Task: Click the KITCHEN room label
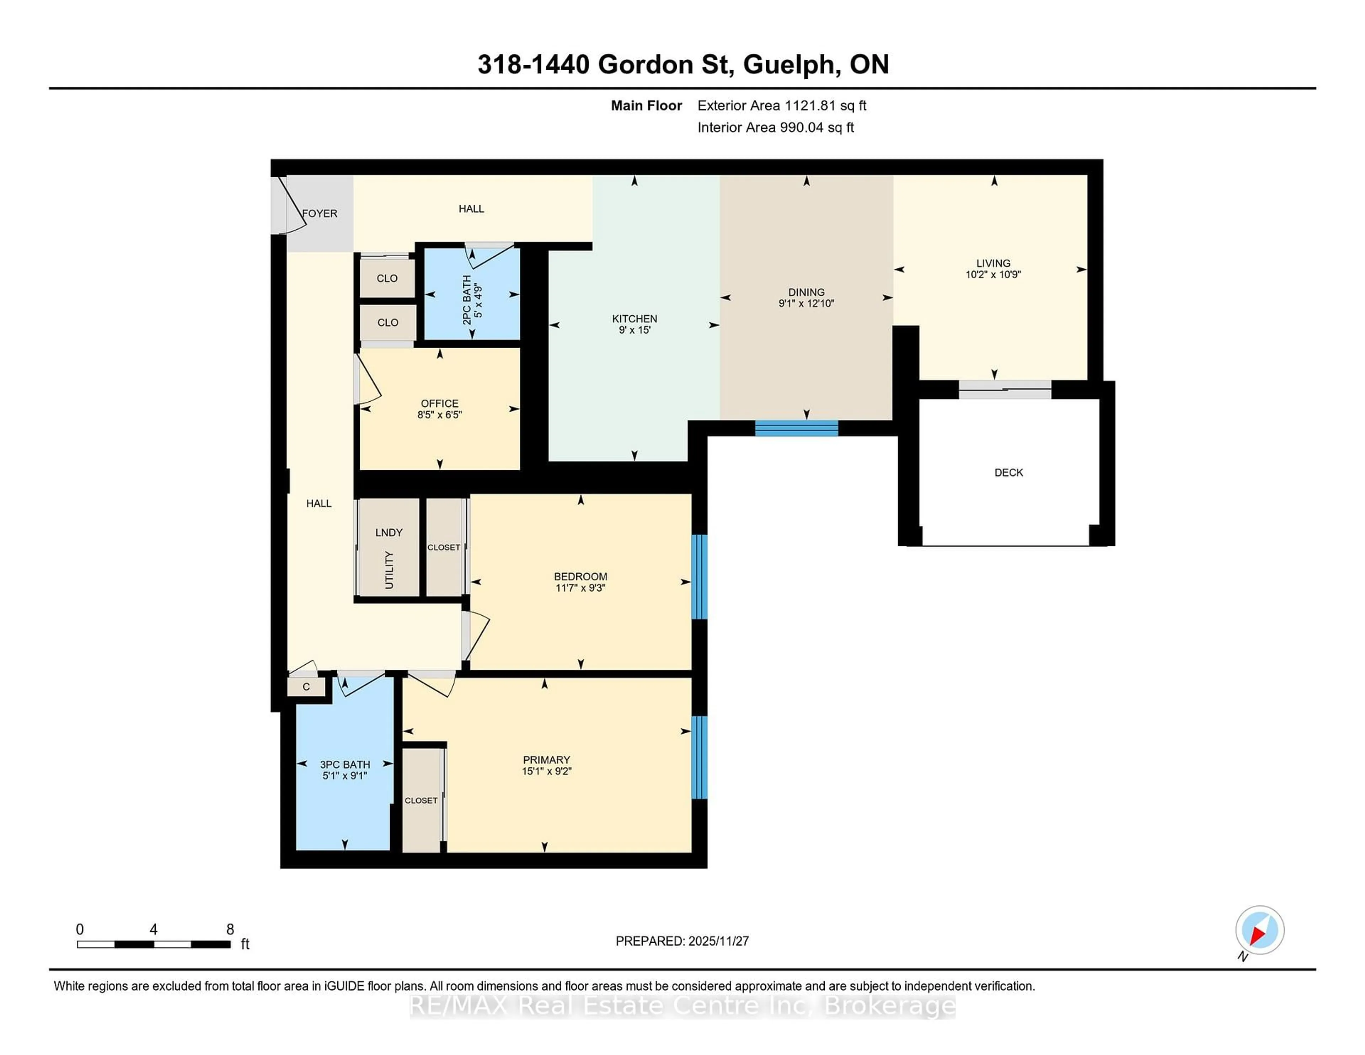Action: coord(635,319)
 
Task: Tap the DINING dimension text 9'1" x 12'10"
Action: coord(806,304)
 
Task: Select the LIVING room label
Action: coord(993,263)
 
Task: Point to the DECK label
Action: coord(1008,472)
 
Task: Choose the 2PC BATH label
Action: coord(467,300)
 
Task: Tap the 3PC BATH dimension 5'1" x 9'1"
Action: coord(344,776)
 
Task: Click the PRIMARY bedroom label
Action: coord(546,760)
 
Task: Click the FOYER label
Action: coord(320,214)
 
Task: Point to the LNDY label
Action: coord(389,532)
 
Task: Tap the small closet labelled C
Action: coord(306,687)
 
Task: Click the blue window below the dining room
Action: coord(796,428)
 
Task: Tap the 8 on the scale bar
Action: coord(230,930)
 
